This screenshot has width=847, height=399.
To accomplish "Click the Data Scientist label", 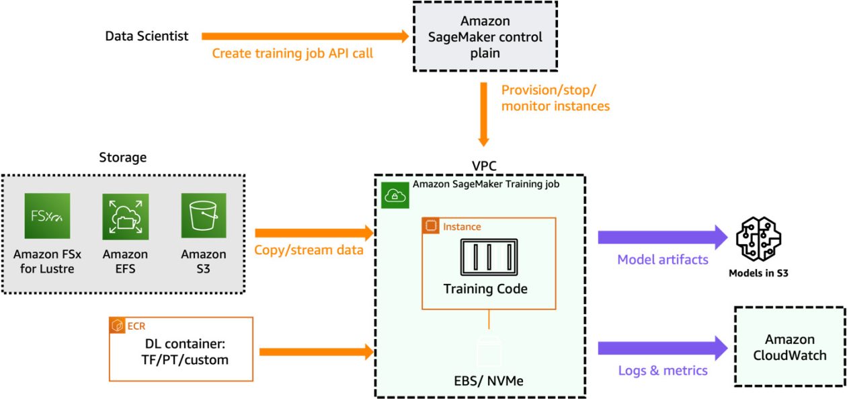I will pyautogui.click(x=147, y=36).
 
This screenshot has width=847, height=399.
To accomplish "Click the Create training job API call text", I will pyautogui.click(x=292, y=53).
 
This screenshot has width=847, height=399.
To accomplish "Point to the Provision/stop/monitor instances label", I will pyautogui.click(x=555, y=98).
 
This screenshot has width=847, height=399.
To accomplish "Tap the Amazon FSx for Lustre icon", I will pyautogui.click(x=47, y=216).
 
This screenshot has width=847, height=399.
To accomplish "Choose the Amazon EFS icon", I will pyautogui.click(x=125, y=216).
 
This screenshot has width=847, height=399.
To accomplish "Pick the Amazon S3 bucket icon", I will pyautogui.click(x=204, y=216).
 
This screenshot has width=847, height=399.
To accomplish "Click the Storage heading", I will pyautogui.click(x=122, y=157).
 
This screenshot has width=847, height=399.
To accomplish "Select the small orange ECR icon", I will pyautogui.click(x=117, y=326).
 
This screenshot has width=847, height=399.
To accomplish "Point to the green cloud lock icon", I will pyautogui.click(x=393, y=195).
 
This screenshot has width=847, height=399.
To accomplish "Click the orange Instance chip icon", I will pyautogui.click(x=430, y=227).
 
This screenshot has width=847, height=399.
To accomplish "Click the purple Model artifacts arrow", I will pyautogui.click(x=662, y=237).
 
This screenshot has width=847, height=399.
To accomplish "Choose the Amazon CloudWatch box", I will pyautogui.click(x=789, y=347).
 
